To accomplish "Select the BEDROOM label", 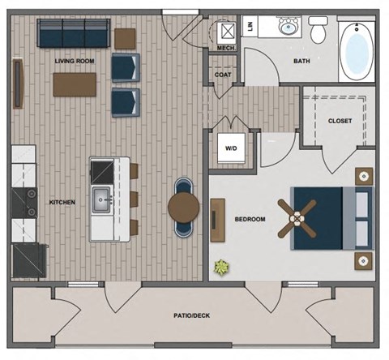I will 250,219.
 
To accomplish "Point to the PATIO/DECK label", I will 191,315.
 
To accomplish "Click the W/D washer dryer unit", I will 231,149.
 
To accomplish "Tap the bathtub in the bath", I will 356,52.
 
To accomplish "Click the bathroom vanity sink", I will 287,28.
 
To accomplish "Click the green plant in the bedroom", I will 221,267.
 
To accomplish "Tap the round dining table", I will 184,208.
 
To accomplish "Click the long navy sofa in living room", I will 74,33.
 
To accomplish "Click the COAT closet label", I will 223,75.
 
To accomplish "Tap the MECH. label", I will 226,49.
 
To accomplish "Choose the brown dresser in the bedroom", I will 217,220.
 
